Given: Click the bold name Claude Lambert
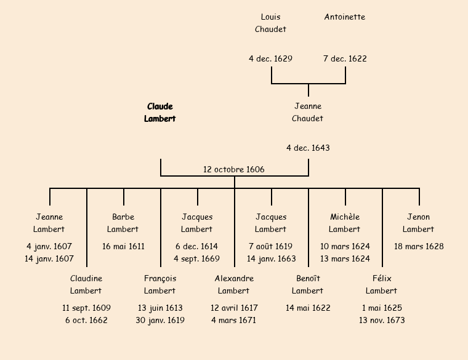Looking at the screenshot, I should click(160, 113).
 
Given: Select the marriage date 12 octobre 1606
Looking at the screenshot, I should click(234, 169).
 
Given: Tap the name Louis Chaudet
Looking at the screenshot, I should click(271, 23).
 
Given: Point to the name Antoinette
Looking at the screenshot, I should click(345, 17).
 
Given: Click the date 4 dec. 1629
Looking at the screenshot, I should click(271, 59).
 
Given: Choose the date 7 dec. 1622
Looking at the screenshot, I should click(345, 59).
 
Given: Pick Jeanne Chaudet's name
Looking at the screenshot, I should click(308, 113).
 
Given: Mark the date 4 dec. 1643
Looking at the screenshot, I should click(308, 148).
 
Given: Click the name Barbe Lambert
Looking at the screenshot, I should click(123, 223).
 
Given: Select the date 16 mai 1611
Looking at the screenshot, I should click(123, 247).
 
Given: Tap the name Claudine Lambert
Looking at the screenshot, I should click(86, 285).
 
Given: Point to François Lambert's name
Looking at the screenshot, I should click(160, 285).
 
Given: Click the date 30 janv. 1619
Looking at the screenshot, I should click(160, 321).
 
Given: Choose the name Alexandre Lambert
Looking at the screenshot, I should click(234, 285).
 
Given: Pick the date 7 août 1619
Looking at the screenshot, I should click(271, 247).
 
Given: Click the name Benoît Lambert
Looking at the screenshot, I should click(308, 285).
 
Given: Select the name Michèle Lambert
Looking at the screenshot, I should click(345, 223).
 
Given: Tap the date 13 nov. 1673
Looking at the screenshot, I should click(382, 321).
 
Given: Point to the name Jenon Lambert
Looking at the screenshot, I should click(419, 223).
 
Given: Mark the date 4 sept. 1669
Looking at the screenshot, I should click(197, 259).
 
